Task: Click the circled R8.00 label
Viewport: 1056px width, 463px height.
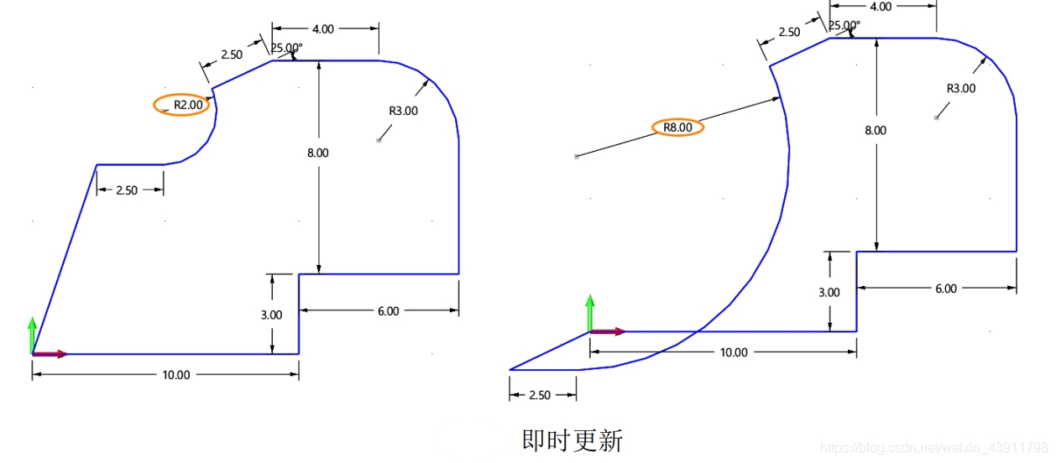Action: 677,127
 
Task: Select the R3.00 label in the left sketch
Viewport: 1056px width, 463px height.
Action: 403,111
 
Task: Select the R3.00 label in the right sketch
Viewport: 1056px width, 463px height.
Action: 961,89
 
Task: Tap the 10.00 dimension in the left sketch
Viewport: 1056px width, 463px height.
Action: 176,375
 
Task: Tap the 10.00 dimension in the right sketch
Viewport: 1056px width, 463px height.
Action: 734,353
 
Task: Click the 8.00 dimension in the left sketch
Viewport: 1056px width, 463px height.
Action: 318,153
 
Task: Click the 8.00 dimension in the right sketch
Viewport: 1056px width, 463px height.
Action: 876,131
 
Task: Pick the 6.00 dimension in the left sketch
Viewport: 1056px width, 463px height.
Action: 389,311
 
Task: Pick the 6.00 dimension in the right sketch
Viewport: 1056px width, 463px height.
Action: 946,289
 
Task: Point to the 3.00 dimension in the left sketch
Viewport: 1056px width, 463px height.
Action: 272,315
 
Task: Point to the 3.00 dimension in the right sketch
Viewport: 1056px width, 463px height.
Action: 829,293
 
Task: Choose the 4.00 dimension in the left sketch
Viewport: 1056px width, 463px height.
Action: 323,29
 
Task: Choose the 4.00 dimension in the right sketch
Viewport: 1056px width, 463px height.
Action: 881,7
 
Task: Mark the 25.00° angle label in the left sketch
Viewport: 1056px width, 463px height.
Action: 285,49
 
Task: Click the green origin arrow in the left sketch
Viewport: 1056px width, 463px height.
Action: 32,334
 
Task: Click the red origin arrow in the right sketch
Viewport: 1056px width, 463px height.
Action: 609,332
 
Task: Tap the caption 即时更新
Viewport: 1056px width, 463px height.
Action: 572,440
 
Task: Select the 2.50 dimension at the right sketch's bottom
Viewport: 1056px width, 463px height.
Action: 541,395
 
